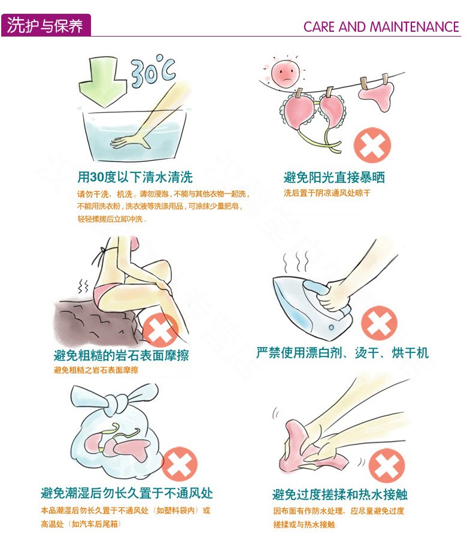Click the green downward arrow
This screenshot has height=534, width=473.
pos(102,82)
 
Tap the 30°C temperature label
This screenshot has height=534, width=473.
pos(153,71)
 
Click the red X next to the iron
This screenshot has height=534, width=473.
pos(379,323)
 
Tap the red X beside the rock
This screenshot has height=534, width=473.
pos(160,331)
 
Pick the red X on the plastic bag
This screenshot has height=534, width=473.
pos(180,464)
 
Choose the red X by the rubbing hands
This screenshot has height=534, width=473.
pos(387,464)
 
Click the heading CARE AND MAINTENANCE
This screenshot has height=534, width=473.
pos(381,26)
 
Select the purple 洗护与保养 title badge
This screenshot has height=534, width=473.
pos(46,25)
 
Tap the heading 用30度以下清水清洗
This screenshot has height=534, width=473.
pos(135,177)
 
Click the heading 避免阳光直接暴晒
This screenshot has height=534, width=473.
pos(334,177)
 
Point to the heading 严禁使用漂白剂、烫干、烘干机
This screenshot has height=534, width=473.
pos(342,353)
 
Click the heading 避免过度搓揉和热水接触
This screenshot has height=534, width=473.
pos(339,494)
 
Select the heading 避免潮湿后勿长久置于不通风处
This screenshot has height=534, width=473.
pos(127,493)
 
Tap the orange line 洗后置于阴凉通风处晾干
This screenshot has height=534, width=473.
pos(327,194)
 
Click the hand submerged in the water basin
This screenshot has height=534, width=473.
pos(131,141)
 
